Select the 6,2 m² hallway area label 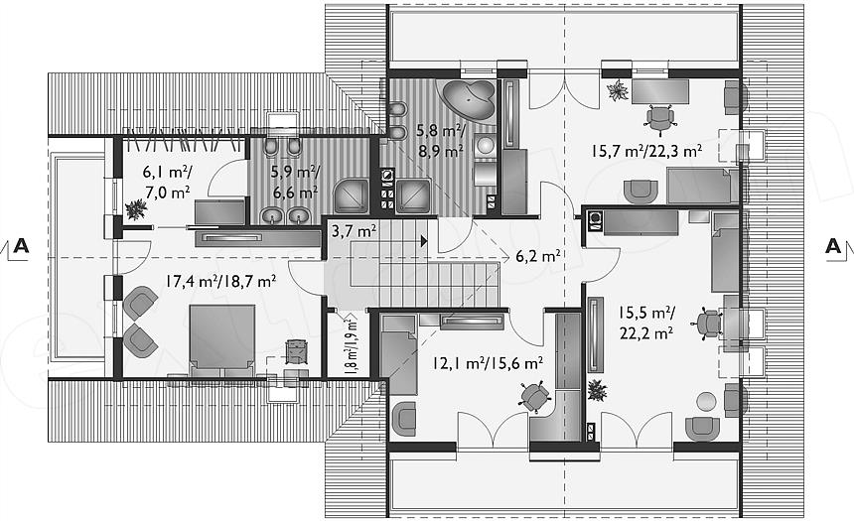(x=538, y=256)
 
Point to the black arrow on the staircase (x=424, y=240)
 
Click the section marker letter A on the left (x=21, y=246)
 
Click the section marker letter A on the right (x=833, y=247)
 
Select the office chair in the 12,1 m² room (x=534, y=395)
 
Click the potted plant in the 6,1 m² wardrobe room (x=136, y=209)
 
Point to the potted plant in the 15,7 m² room (x=619, y=90)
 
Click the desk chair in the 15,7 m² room (x=660, y=120)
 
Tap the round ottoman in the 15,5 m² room (x=707, y=402)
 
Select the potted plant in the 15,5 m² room (x=598, y=390)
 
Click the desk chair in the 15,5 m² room (x=707, y=324)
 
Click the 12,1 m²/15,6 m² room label (x=488, y=363)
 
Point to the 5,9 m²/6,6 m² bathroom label (x=296, y=182)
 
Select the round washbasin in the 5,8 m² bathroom (x=485, y=145)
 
